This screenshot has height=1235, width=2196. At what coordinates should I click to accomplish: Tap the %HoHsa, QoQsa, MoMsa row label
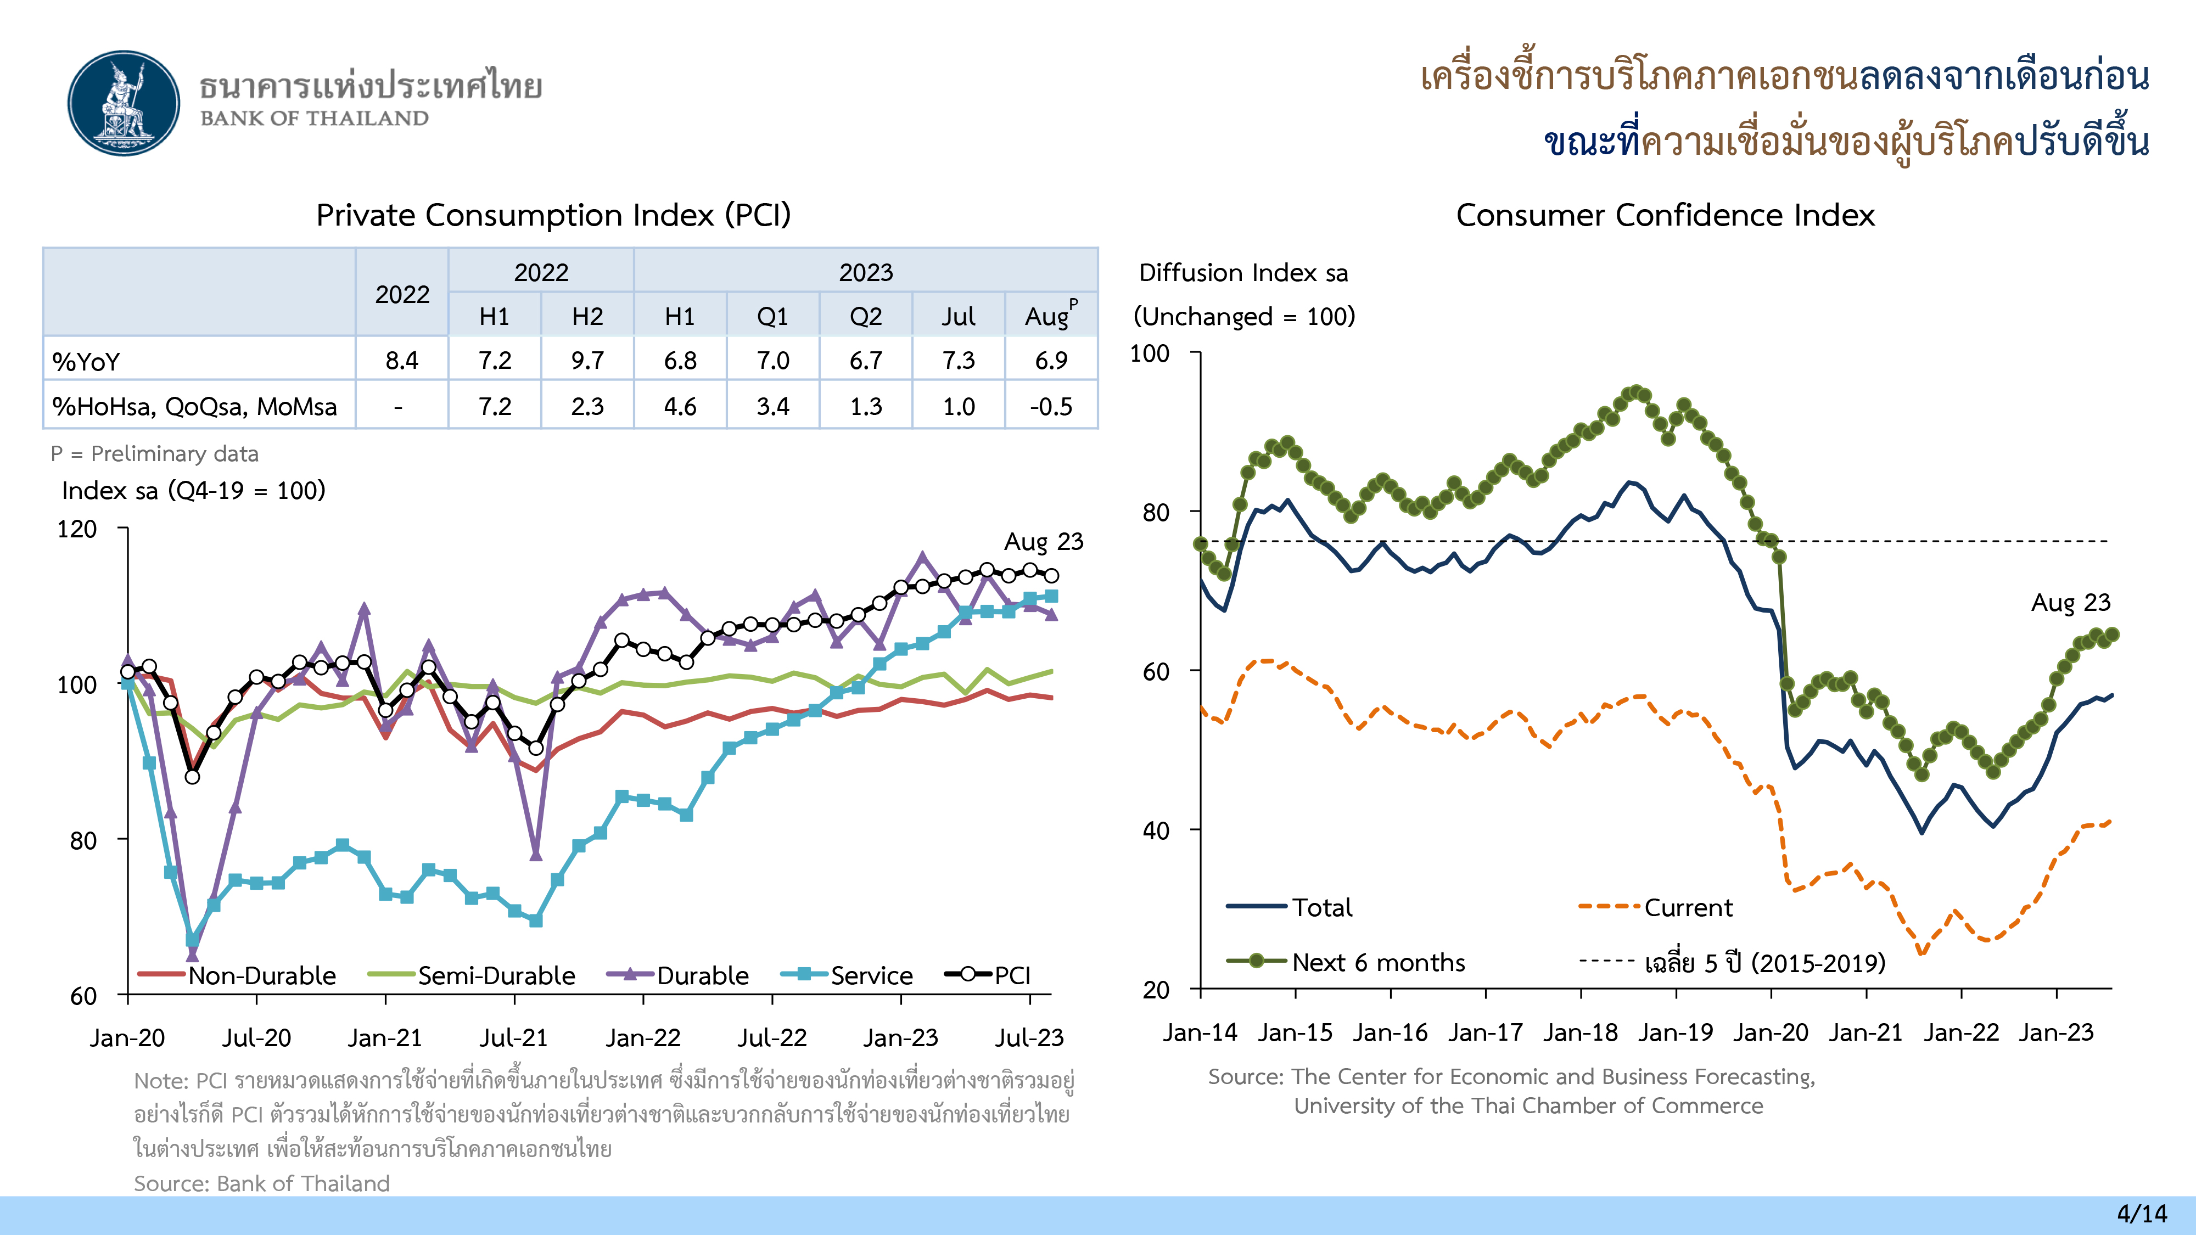194,407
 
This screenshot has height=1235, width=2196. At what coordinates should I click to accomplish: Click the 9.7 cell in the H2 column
587,361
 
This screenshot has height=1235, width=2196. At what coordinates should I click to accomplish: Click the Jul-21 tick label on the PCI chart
513,1038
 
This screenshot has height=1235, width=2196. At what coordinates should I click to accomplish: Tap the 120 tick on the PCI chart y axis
77,529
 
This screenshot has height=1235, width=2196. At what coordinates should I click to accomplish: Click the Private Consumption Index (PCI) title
553,215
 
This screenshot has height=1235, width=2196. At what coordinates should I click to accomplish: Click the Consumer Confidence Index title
1665,215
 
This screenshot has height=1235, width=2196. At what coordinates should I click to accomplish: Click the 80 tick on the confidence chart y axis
1156,512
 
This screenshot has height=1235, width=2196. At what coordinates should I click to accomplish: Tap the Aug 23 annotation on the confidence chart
2070,603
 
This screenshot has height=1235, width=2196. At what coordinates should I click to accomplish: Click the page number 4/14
2142,1214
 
